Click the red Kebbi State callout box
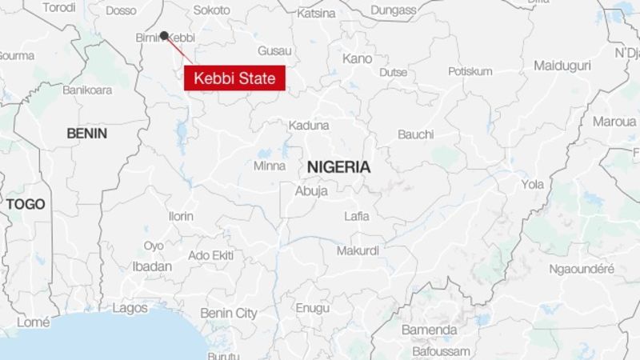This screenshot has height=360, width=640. coord(235,78)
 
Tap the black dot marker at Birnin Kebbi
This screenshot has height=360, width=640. coord(164,35)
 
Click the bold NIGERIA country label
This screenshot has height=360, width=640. coord(338,167)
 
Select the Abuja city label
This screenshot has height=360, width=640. coord(311,191)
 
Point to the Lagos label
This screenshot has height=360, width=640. coord(130,307)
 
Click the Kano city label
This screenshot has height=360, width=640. coord(357,58)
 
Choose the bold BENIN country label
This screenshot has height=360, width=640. coord(86,133)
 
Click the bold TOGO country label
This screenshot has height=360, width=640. coord(26,205)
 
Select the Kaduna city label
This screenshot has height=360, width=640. coord(309,126)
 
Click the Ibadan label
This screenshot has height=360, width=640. coord(152,266)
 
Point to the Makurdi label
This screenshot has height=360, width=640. coord(357,250)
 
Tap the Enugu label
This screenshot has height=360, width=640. coord(312,307)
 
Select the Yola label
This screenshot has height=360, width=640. coord(532,184)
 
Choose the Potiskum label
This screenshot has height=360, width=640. coord(470,71)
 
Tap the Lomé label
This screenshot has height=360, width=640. coord(32,322)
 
